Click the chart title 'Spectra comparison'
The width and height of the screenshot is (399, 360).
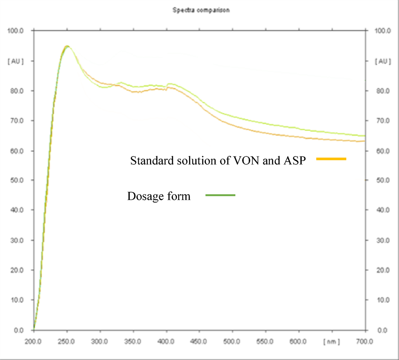[201, 10]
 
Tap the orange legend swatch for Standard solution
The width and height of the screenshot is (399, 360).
[331, 159]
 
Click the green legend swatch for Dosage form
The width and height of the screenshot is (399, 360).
[220, 195]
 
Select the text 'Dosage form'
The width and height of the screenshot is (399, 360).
[159, 196]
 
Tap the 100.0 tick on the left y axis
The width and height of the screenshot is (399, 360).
[16, 31]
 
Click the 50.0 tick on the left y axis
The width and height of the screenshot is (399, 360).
[17, 180]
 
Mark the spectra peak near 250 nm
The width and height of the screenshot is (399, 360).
[67, 46]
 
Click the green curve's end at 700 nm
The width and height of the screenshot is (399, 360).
[364, 136]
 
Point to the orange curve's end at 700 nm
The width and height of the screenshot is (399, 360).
[364, 141]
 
